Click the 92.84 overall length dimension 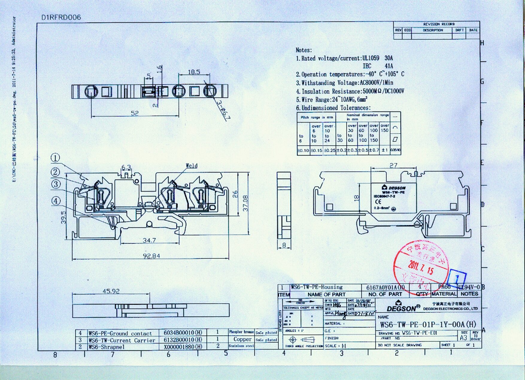[x=151, y=256]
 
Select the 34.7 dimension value [x=149, y=240]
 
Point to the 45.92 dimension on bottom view [x=111, y=291]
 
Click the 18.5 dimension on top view [x=194, y=72]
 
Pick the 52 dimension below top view [x=135, y=113]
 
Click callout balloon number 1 [x=55, y=158]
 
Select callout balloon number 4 [x=56, y=201]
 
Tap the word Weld [x=192, y=166]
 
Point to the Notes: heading [x=304, y=50]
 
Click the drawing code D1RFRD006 [x=61, y=17]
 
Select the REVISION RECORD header [x=438, y=24]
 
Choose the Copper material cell [x=242, y=339]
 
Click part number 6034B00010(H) [x=183, y=332]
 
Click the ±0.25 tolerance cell [x=329, y=150]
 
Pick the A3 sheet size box [x=463, y=338]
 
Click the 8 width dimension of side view [x=284, y=245]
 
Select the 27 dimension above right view [x=393, y=166]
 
